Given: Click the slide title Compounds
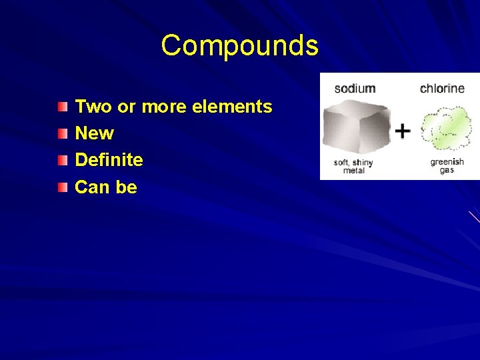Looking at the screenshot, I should pyautogui.click(x=240, y=46).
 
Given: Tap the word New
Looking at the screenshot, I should pyautogui.click(x=94, y=133).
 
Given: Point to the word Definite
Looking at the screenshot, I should pyautogui.click(x=109, y=160).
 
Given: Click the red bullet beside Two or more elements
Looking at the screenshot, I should pyautogui.click(x=62, y=107).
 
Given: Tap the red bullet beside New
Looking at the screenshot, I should pyautogui.click(x=62, y=133).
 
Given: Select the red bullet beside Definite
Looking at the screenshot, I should pyautogui.click(x=62, y=160).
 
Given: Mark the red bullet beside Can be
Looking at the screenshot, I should pyautogui.click(x=62, y=187).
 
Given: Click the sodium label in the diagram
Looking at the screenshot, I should pyautogui.click(x=355, y=88).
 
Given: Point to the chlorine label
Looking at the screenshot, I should pyautogui.click(x=442, y=88).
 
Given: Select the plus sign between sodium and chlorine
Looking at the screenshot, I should pyautogui.click(x=402, y=131).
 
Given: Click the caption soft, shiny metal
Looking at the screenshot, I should pyautogui.click(x=353, y=166).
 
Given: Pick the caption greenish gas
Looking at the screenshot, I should pyautogui.click(x=447, y=166).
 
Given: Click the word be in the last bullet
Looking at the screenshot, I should pyautogui.click(x=126, y=187).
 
